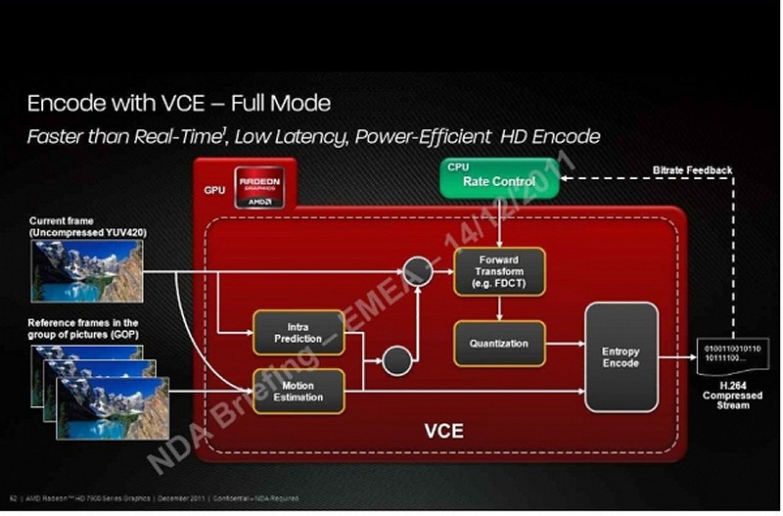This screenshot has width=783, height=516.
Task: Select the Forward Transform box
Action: point(499,271)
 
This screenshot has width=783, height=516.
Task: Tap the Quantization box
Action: point(499,344)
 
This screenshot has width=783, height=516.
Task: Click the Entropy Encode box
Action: point(621,357)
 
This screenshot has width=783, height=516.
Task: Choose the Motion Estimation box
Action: point(298,391)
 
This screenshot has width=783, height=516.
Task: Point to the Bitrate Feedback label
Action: point(692,170)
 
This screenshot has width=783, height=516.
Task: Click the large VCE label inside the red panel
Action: point(442,431)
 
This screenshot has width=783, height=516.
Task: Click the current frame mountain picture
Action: point(86,271)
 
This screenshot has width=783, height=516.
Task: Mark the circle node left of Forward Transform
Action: point(418,270)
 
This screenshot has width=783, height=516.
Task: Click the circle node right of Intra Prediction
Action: point(396,361)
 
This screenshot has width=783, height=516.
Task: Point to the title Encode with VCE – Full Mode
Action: point(178,102)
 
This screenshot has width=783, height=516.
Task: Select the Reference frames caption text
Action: point(83,328)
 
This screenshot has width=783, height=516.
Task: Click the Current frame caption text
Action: point(76,226)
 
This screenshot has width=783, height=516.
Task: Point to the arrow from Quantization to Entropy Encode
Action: point(564,344)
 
